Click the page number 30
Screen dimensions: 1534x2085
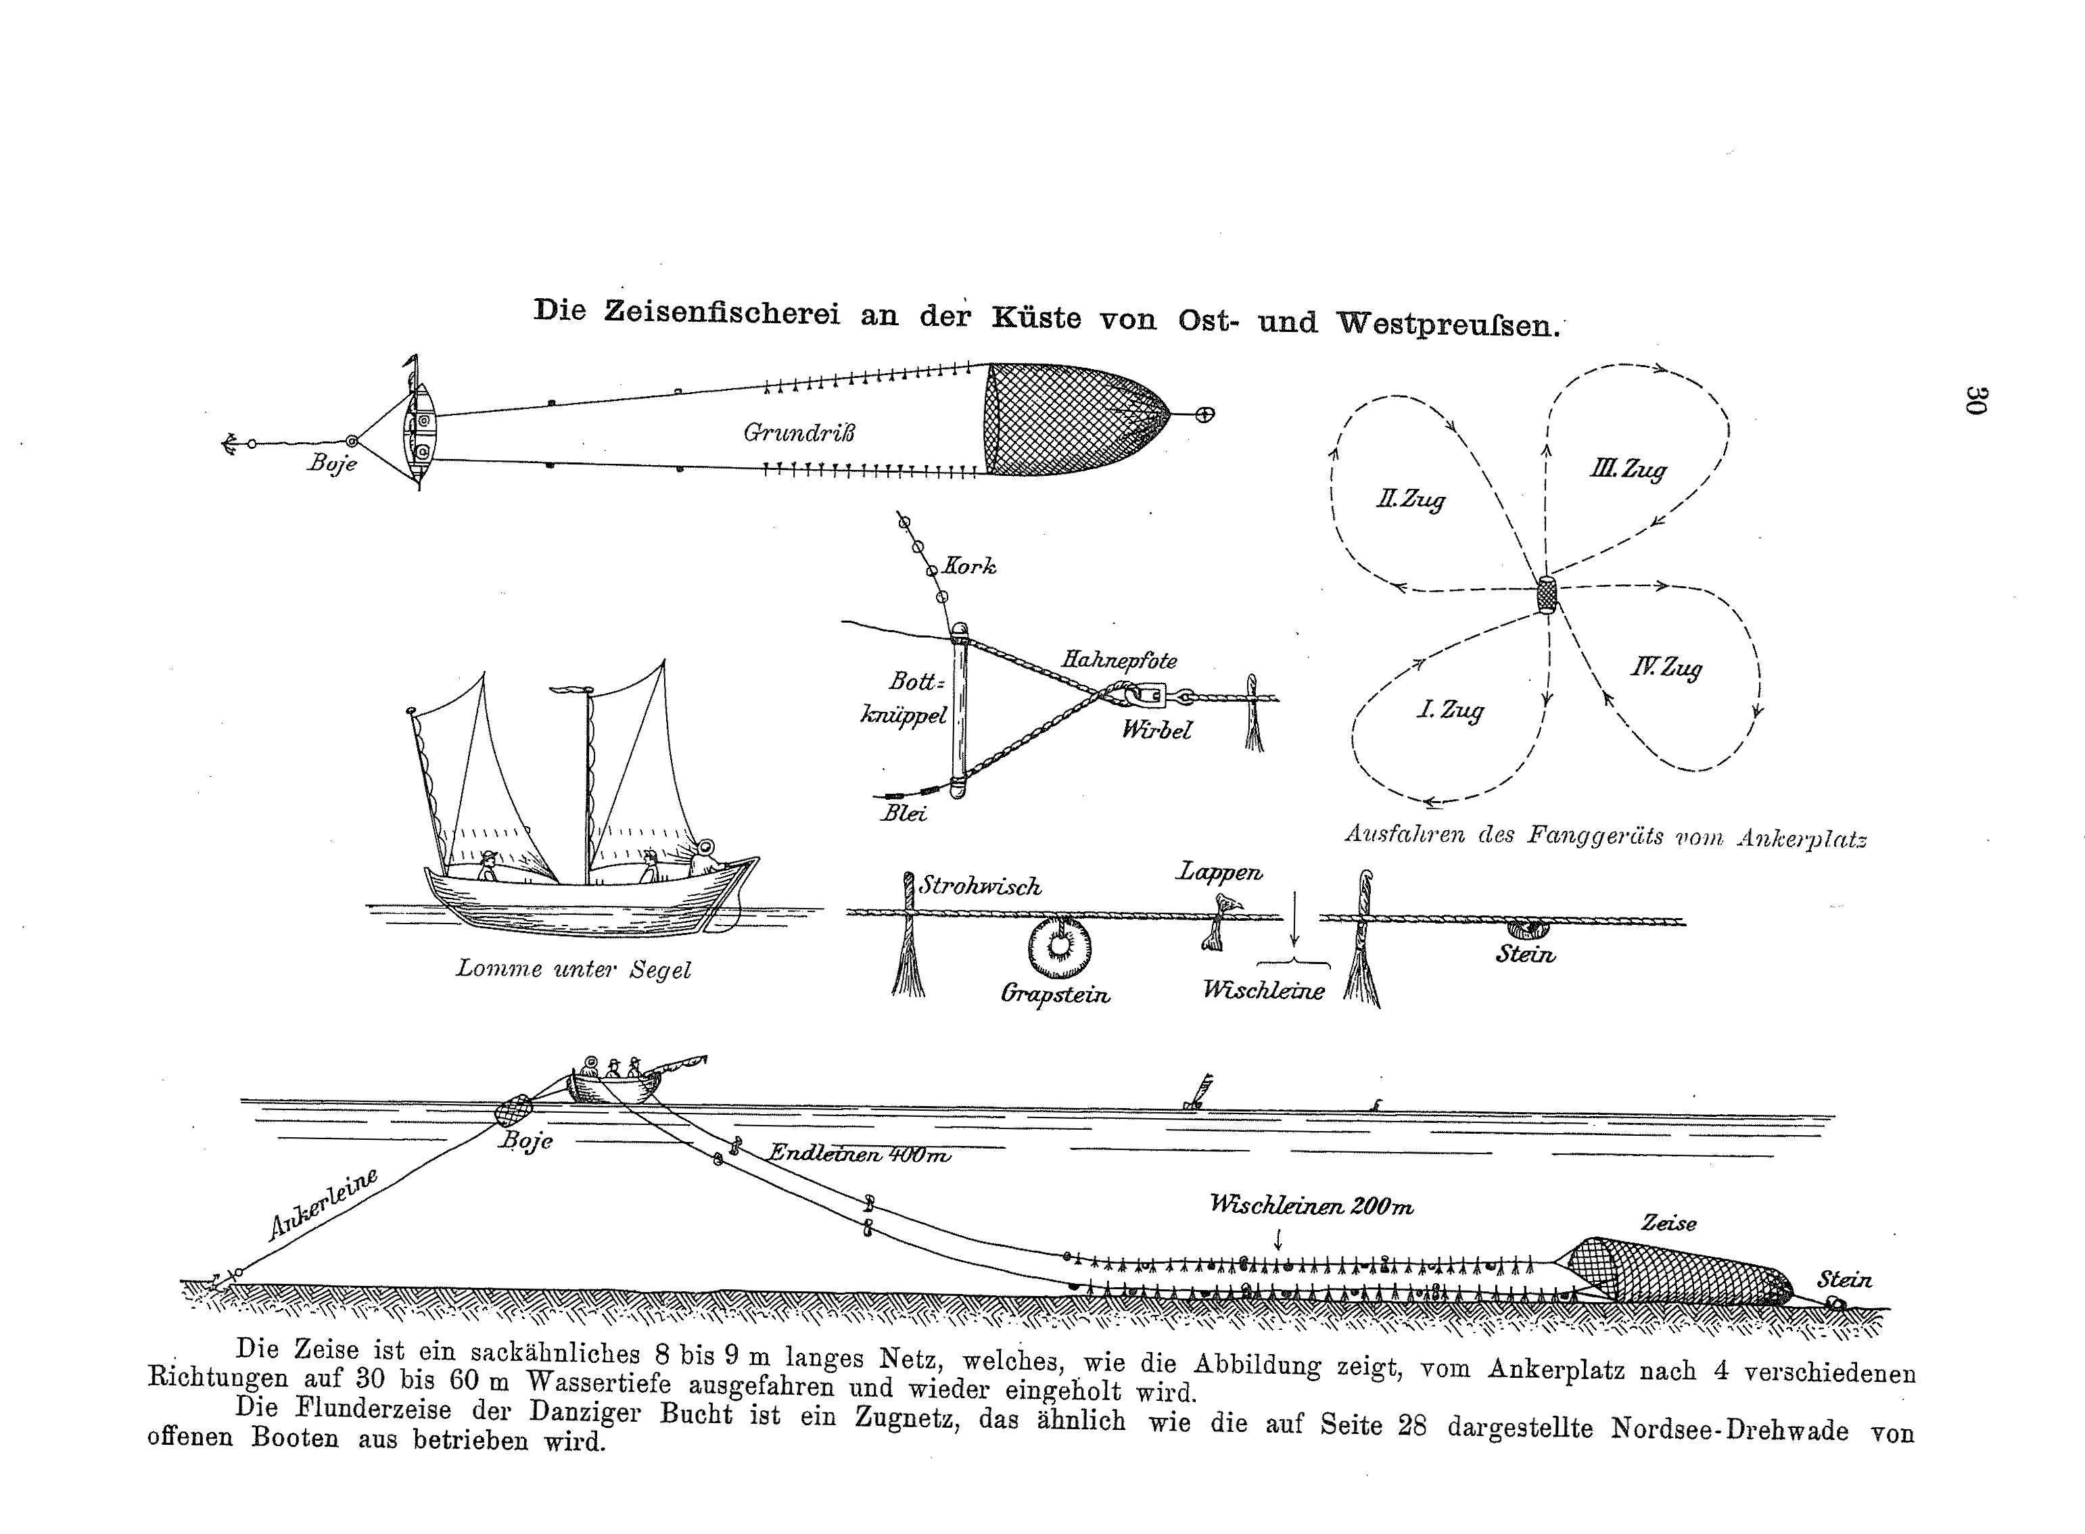1975,400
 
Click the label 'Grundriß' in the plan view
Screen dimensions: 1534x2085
799,433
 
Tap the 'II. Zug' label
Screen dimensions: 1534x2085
1410,500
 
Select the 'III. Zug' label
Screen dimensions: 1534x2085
1628,470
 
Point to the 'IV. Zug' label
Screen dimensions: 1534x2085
1666,668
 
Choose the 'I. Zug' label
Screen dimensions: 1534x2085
1450,711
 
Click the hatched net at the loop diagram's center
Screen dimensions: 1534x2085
1547,594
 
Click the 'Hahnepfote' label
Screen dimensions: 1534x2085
1119,661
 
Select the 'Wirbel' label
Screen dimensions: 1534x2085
1156,730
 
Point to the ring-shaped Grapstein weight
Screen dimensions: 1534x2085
1059,947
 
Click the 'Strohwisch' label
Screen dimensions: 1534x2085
981,887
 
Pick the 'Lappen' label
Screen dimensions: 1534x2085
1219,872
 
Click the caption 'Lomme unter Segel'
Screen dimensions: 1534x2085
573,969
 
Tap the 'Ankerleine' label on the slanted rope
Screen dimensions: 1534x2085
323,1203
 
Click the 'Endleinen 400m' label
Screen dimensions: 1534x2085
859,1154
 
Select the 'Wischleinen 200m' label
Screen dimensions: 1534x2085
1311,1206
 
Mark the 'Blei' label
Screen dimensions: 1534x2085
904,813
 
